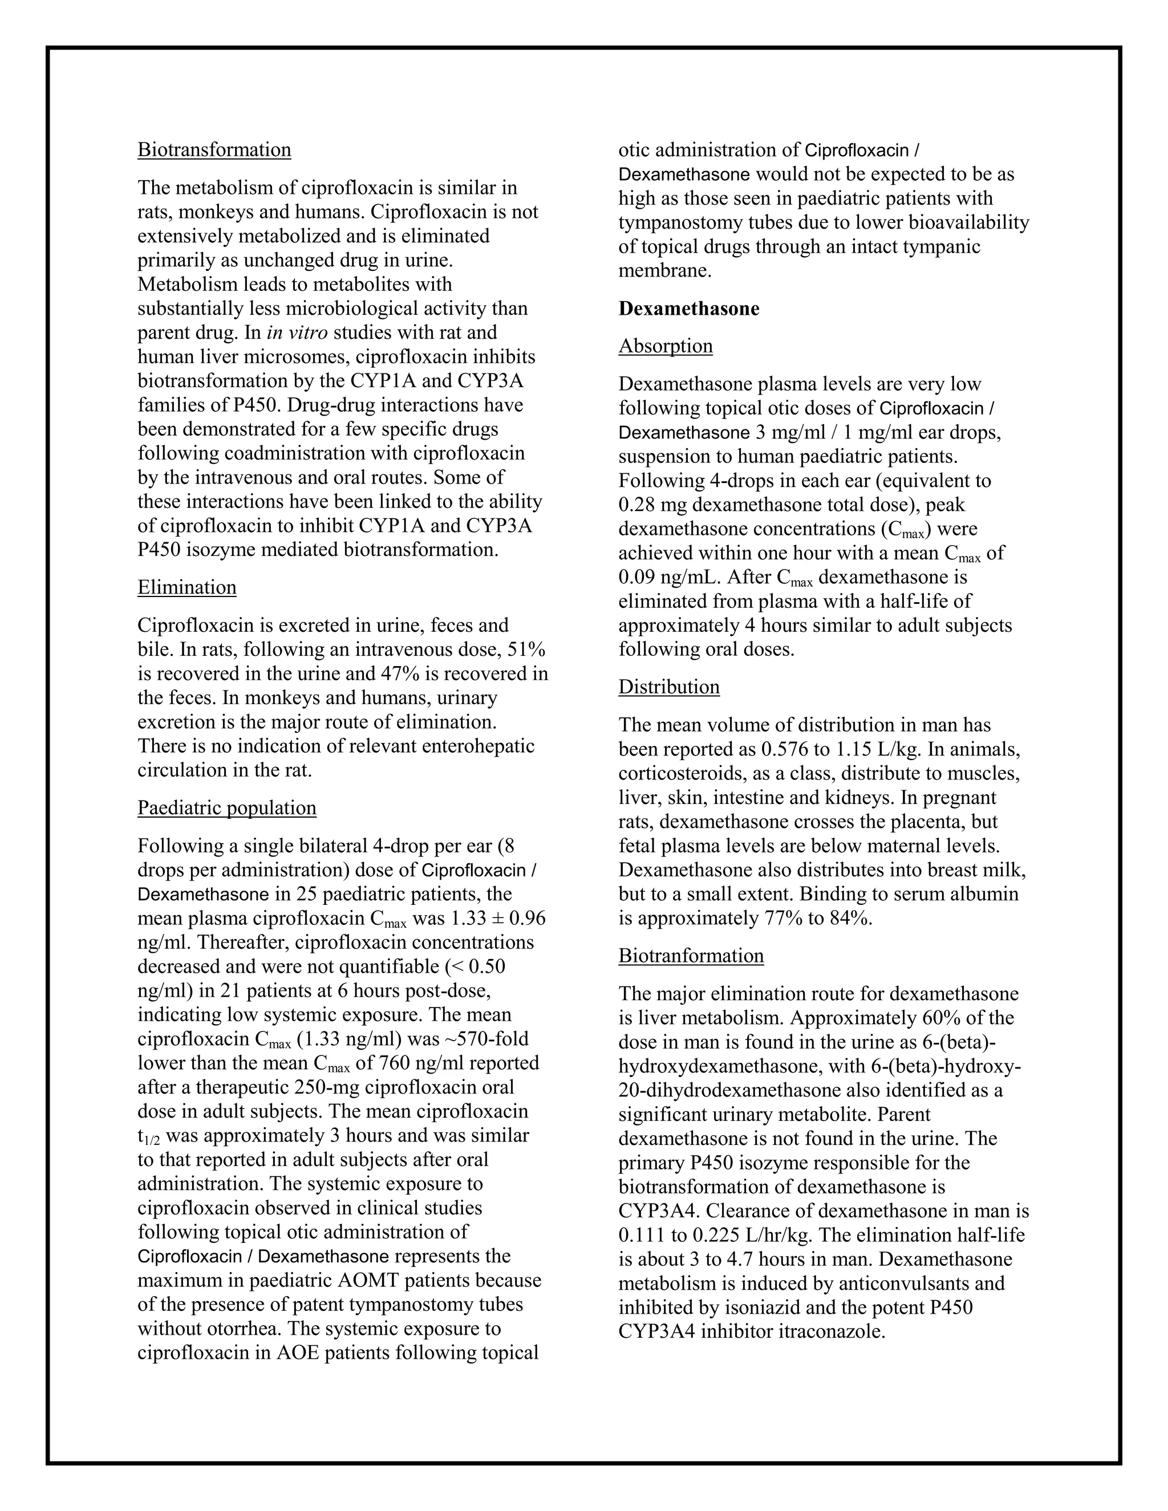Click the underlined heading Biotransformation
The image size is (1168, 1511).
click(x=214, y=150)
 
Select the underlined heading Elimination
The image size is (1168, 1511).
click(x=187, y=587)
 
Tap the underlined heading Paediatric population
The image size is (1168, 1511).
click(x=227, y=808)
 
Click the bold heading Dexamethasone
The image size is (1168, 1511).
click(x=688, y=308)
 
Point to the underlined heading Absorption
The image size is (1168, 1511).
click(x=665, y=346)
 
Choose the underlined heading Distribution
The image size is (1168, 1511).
click(x=668, y=687)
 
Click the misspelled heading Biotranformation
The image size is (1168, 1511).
click(x=691, y=956)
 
